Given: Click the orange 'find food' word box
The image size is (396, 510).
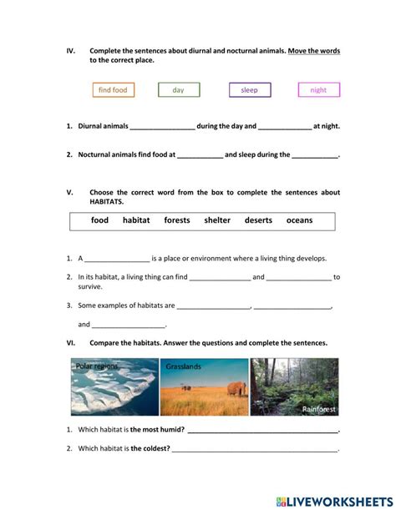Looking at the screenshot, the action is pos(113,90).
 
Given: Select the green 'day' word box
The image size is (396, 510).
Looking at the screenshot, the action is pos(179,90).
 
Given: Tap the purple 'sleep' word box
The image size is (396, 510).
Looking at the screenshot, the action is pos(249,90).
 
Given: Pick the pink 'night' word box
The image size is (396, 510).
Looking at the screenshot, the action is pos(318,90).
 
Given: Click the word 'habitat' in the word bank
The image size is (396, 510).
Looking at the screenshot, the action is pos(136,220).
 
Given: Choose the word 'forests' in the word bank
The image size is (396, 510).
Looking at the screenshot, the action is pos(177,220).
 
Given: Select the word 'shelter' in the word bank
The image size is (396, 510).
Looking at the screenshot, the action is pos(217,220).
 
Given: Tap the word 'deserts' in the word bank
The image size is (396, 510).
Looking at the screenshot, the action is pos(258,220).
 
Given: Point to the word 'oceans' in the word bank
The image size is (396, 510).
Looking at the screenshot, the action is pos(299,220).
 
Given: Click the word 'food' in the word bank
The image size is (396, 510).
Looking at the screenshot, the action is pos(100,220).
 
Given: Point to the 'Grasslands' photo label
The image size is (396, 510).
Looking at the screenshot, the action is pos(183,366).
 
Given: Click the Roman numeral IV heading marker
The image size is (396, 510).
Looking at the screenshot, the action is pos(70,51).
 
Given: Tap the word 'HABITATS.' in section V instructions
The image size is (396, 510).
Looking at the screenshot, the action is pos(106,202).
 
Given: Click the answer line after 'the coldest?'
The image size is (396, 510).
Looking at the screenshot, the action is pos(255,450).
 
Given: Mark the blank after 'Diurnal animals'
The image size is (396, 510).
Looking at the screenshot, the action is pos(162,128).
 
